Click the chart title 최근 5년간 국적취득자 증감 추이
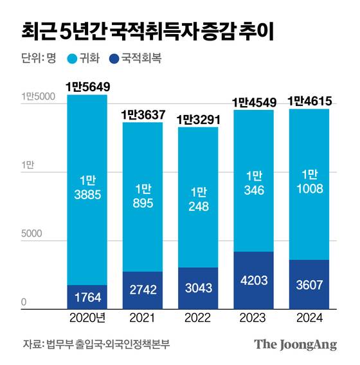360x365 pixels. point(147,31)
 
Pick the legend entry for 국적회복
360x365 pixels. point(136,58)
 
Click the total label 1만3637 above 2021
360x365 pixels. point(143,114)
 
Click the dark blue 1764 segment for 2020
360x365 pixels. point(87,297)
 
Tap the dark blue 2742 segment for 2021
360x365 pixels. point(143,290)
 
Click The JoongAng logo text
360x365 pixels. point(295,344)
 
